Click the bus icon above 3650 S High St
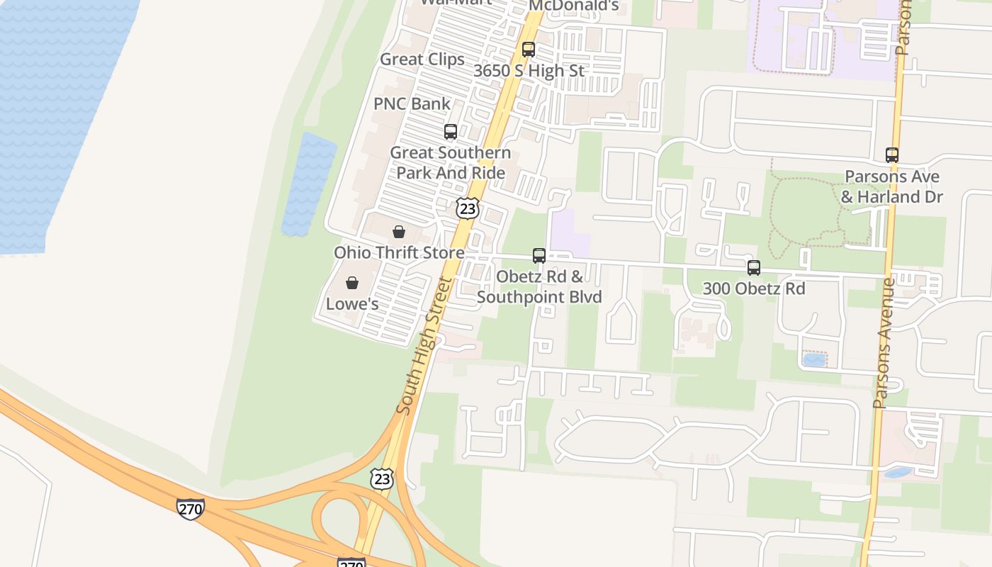click(529, 50)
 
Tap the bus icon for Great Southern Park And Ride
click(451, 132)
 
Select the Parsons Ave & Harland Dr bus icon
click(892, 155)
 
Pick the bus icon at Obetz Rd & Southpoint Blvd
click(539, 256)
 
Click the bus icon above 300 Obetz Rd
click(754, 268)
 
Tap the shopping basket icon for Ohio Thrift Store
click(399, 232)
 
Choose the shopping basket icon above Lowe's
click(352, 283)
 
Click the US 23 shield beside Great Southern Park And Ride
click(467, 208)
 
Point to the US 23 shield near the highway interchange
click(382, 478)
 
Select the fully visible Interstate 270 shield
click(191, 509)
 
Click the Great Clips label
click(422, 60)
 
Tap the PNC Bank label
click(412, 104)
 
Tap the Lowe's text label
click(352, 304)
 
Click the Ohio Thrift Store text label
click(400, 252)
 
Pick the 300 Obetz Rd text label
click(754, 288)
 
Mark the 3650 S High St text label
click(529, 71)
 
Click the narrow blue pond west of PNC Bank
click(308, 184)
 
